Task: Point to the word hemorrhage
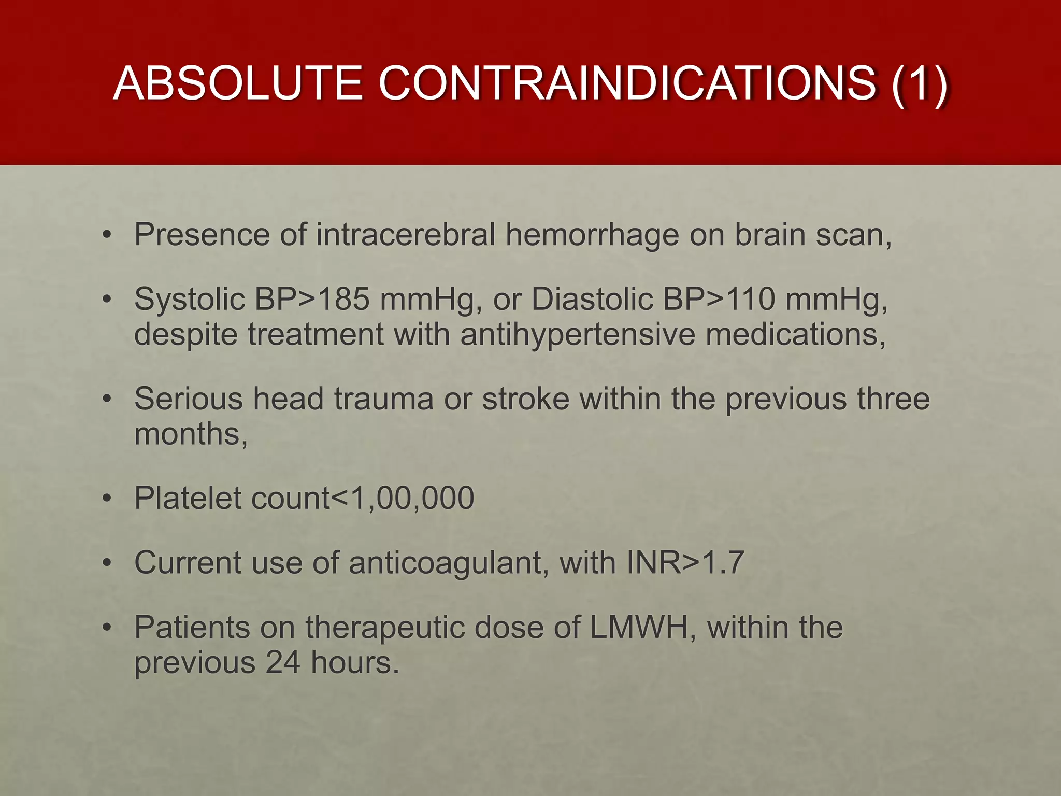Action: (592, 235)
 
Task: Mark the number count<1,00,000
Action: (362, 499)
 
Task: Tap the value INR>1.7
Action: (685, 563)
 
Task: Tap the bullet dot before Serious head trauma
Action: (107, 399)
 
